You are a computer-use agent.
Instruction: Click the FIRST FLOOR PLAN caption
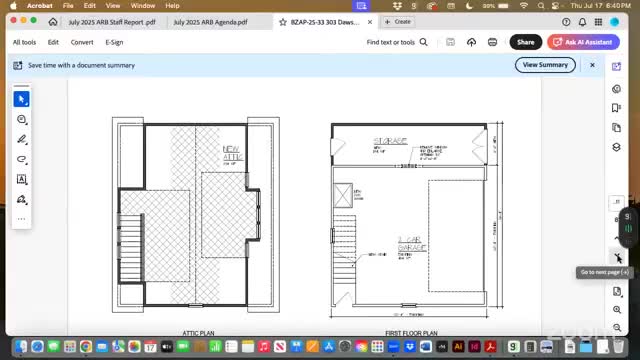[411, 332]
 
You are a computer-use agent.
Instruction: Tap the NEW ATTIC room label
[232, 154]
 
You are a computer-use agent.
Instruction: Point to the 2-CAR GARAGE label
[411, 245]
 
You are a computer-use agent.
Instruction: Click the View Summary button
[546, 65]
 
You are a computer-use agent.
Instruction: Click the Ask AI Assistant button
[583, 42]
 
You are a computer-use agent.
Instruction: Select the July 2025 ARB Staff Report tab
[111, 21]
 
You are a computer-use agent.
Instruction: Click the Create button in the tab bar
[399, 21]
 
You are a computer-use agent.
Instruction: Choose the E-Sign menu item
[114, 42]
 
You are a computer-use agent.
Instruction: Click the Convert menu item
[82, 42]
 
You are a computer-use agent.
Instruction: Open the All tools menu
[24, 42]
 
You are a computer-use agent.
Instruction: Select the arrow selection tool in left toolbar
[21, 99]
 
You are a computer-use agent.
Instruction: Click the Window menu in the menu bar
[143, 6]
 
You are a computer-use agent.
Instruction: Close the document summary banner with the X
[592, 65]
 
